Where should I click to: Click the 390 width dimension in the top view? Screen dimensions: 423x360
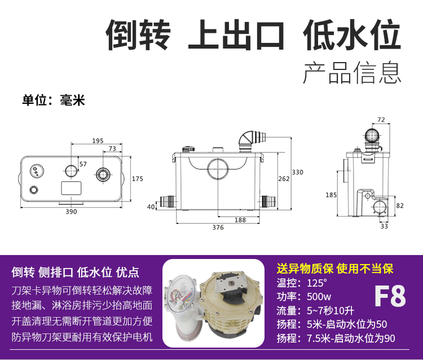coord(71,212)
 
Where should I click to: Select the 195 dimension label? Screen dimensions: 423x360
coord(98,141)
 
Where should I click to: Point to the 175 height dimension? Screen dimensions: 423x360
coord(137,179)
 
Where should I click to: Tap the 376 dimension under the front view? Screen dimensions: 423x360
coord(218,227)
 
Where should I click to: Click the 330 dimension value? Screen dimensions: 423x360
coord(297,172)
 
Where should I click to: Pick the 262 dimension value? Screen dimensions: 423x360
coord(284,179)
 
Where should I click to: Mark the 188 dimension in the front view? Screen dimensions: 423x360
coord(240,220)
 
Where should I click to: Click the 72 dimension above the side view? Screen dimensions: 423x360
coord(381,120)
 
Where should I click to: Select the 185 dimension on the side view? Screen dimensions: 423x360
coord(332,195)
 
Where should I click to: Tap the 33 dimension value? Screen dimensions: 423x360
coord(385,227)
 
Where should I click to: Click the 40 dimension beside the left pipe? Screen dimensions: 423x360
coord(151,207)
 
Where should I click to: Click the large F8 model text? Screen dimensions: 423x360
coord(390,296)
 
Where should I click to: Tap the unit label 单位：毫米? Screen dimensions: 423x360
coord(53,100)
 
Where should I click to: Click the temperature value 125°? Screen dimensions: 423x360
coord(317,283)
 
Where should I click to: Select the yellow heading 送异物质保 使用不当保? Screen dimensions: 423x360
coord(334,269)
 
